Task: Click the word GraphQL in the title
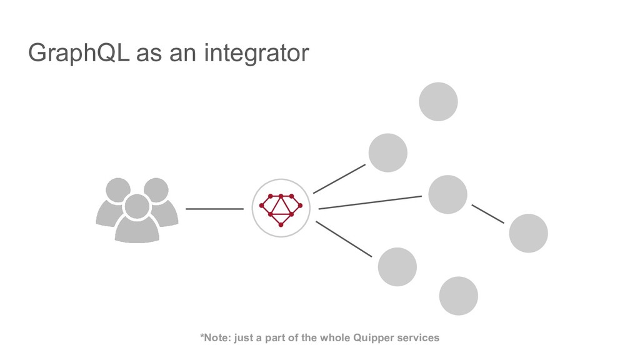(79, 54)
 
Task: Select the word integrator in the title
(257, 54)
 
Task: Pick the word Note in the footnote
(216, 338)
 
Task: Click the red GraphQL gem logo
(281, 209)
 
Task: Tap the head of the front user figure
(136, 207)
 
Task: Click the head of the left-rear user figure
(118, 189)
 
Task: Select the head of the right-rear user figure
(156, 189)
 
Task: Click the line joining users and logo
(214, 209)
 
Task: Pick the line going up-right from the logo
(339, 179)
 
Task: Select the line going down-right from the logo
(344, 239)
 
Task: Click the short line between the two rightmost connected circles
(487, 214)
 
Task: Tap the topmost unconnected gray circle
(438, 101)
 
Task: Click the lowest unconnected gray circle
(459, 296)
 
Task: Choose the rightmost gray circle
(529, 233)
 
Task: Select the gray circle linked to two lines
(448, 194)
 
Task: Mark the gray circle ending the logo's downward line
(397, 267)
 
